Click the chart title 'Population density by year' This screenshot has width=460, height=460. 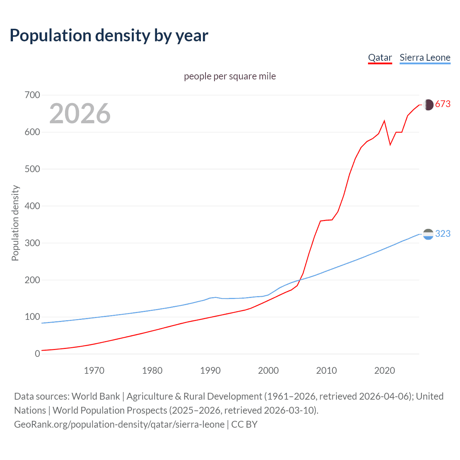tap(109, 36)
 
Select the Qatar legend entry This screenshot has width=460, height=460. tap(380, 57)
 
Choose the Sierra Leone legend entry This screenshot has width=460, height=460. tap(425, 57)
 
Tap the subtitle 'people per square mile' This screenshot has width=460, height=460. tap(230, 76)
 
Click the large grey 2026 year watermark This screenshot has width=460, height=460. tap(80, 114)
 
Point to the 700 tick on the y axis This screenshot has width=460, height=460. tap(32, 95)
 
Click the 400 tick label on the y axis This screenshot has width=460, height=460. tap(32, 206)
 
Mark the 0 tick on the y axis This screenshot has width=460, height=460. tap(37, 354)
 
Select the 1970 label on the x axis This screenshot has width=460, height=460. tap(94, 371)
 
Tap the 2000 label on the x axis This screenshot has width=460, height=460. tap(268, 371)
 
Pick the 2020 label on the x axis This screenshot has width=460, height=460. tap(385, 371)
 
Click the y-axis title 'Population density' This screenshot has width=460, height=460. tap(15, 223)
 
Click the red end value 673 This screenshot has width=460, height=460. tap(443, 104)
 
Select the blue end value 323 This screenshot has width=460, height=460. tap(443, 234)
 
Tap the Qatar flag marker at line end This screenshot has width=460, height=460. tap(428, 105)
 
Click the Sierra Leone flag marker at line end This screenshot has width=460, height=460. tap(428, 234)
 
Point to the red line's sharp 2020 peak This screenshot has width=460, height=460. tap(385, 121)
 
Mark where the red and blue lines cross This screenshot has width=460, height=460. tap(299, 280)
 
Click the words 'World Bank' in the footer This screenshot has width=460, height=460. tap(96, 396)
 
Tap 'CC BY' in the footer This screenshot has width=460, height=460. tap(244, 424)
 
